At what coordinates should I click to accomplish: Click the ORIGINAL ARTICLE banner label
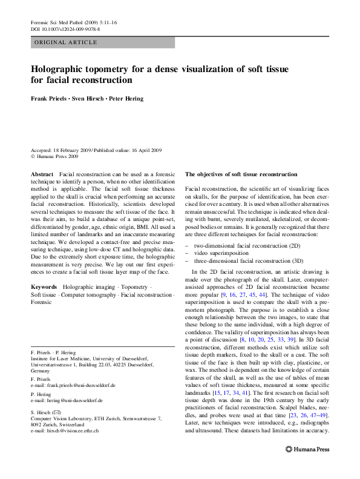click(x=66, y=42)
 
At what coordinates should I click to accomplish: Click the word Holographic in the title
click(x=62, y=69)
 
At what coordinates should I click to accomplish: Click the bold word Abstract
click(x=42, y=174)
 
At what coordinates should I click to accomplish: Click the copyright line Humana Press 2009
click(x=58, y=156)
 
